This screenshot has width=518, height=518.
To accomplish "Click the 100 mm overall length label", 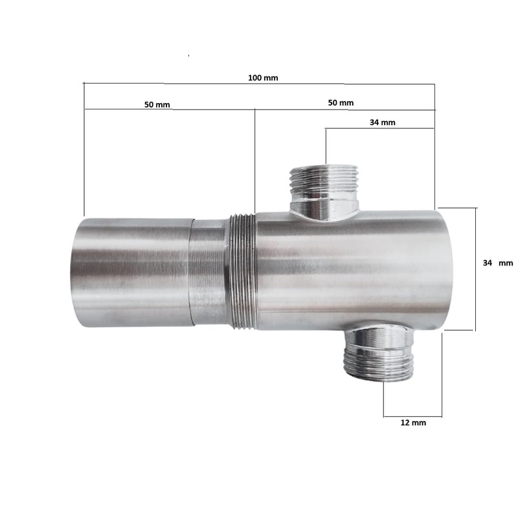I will (x=262, y=78).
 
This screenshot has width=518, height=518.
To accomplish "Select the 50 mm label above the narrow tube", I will (x=157, y=104).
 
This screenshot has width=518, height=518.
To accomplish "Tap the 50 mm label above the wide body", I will (x=341, y=103).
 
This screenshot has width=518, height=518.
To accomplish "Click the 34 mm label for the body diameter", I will (x=497, y=263).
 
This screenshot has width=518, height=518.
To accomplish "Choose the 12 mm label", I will (x=414, y=423).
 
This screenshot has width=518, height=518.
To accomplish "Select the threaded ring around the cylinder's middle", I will (x=243, y=271).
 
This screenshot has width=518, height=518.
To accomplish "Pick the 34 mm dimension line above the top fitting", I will (x=379, y=129).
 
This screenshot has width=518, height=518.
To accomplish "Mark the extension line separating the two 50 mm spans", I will (x=255, y=162).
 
